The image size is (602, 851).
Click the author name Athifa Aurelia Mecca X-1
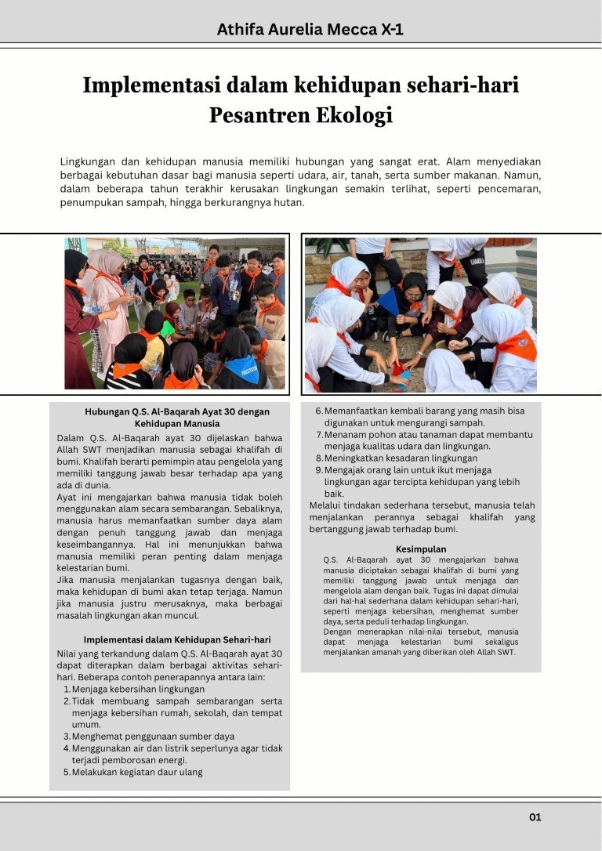310,30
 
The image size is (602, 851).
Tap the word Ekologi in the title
354,115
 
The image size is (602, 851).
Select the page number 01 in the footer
535,817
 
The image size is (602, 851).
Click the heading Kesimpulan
421,549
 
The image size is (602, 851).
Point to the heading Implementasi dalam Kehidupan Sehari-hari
177,639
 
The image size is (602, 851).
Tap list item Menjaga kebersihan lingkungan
138,689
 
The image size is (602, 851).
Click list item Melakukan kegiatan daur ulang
137,772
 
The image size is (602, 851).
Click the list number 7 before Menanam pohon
319,434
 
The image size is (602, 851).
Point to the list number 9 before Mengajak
319,470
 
